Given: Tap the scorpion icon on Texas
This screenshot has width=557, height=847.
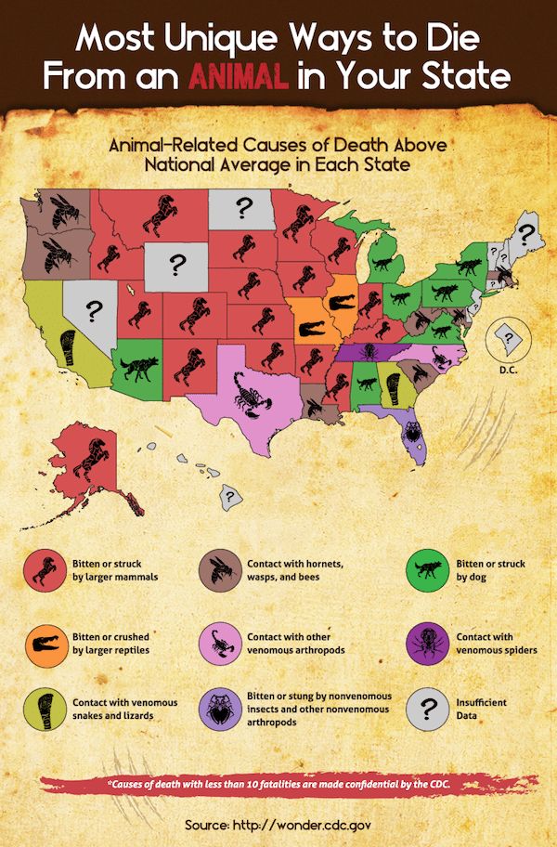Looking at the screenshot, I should tap(249, 394).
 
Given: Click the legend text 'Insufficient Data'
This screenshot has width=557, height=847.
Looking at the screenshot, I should tap(481, 710).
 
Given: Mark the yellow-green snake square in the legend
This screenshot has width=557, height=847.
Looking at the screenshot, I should tap(43, 710).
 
